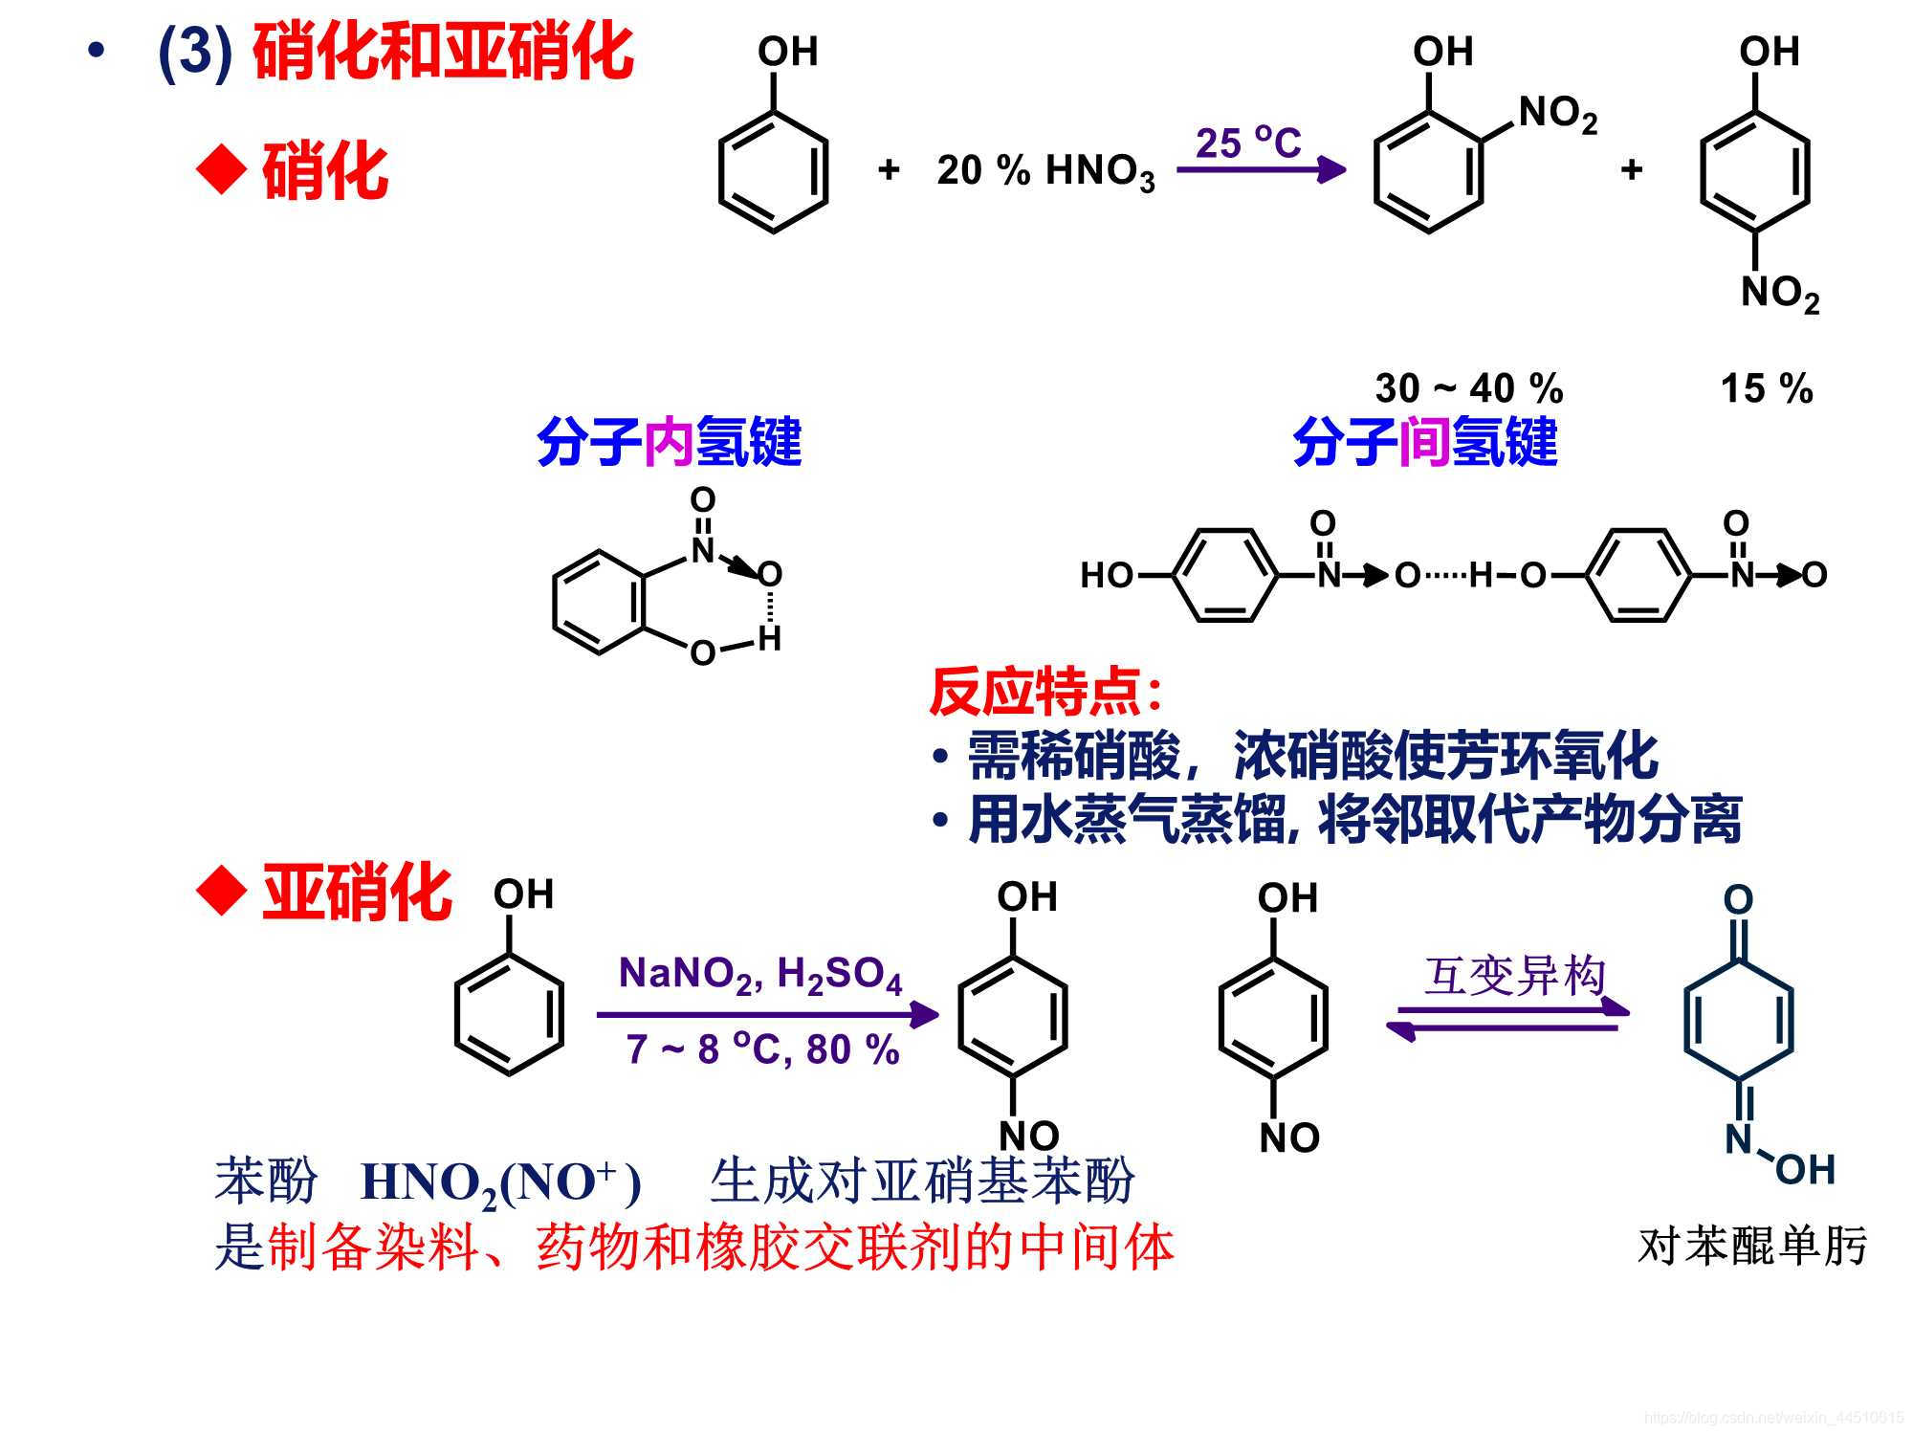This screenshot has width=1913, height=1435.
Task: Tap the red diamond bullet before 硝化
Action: [222, 169]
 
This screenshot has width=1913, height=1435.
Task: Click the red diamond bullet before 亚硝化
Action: [222, 892]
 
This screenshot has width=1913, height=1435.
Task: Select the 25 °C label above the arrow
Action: [1248, 143]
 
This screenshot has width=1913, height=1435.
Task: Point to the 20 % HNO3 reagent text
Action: [1045, 171]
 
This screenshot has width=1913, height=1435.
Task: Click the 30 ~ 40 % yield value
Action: [1469, 388]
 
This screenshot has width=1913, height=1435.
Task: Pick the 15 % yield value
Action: [1767, 388]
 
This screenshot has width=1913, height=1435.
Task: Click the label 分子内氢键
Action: [670, 442]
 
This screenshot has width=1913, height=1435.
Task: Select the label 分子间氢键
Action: [1425, 442]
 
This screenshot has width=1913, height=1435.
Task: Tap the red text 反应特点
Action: [1044, 691]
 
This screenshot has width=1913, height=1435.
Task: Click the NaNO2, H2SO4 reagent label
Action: [760, 975]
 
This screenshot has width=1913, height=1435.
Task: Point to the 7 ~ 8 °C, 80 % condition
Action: [762, 1049]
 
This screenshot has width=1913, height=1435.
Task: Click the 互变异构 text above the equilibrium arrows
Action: [1514, 976]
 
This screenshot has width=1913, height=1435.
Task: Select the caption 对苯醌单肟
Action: [1752, 1246]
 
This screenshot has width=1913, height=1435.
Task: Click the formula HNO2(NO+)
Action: [500, 1183]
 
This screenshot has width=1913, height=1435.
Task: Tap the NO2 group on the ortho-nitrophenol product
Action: [1557, 115]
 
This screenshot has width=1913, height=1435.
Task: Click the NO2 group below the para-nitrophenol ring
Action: [1779, 293]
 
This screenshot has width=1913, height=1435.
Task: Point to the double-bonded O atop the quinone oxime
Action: [1738, 899]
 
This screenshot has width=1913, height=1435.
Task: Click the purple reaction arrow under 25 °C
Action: [1261, 170]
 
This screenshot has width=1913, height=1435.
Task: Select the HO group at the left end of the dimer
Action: [1106, 575]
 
